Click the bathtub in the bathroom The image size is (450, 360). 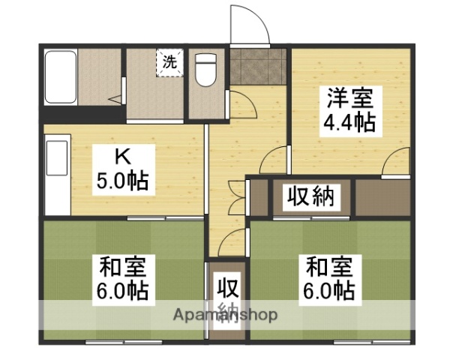coord(60,78)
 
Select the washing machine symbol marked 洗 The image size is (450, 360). coord(169,62)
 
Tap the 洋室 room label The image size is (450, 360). coord(347,97)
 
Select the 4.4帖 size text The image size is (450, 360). coord(348,121)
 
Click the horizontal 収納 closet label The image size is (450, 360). coord(309,198)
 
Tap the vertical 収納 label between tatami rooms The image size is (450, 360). coord(227,299)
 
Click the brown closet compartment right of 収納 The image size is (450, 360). coord(382,198)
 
